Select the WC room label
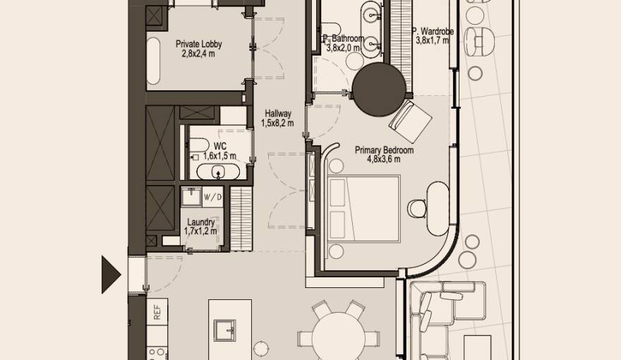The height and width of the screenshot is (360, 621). pyautogui.click(x=219, y=146)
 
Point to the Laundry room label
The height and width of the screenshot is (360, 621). pyautogui.click(x=200, y=221)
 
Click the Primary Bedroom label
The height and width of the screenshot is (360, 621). pyautogui.click(x=384, y=150)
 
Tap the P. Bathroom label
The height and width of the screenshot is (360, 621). pyautogui.click(x=343, y=39)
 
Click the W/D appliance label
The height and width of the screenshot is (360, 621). pyautogui.click(x=212, y=197)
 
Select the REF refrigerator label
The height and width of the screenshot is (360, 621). pyautogui.click(x=157, y=312)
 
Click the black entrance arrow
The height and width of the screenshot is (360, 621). pyautogui.click(x=111, y=274)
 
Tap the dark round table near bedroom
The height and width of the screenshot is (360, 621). pyautogui.click(x=380, y=89)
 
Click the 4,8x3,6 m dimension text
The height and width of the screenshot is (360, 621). pyautogui.click(x=384, y=159)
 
